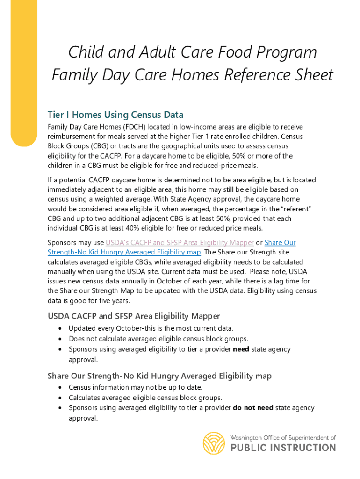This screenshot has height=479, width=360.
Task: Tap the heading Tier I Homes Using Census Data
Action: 115,115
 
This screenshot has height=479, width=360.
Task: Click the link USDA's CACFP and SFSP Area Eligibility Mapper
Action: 180,242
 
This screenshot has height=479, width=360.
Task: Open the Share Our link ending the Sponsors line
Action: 280,242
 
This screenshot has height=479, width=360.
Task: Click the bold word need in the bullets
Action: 241,349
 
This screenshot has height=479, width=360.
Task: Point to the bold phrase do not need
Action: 253,407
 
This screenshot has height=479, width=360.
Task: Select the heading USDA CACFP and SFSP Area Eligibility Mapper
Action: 134,316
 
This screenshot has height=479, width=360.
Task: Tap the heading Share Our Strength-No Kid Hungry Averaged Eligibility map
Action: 159,376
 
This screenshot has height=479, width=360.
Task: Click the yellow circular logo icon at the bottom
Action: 214,443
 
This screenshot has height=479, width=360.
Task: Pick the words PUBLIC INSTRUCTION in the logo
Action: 283,448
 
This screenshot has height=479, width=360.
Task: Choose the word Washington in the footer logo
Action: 246,438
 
